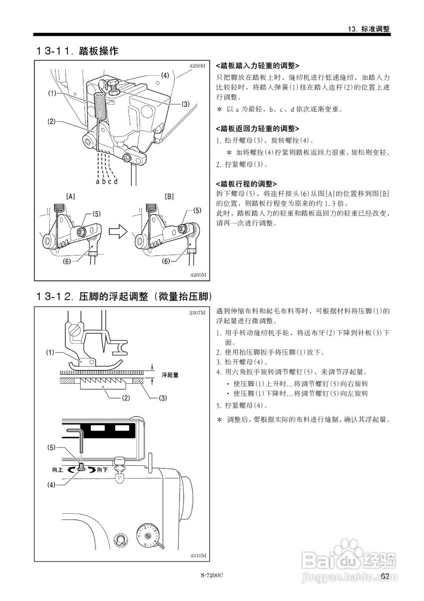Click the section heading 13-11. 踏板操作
(77, 51)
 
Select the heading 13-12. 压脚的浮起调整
(124, 297)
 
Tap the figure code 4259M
(197, 66)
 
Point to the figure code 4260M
(197, 275)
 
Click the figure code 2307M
(197, 312)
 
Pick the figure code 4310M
(197, 555)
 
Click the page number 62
(386, 576)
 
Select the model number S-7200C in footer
(212, 576)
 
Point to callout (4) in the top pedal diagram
(165, 75)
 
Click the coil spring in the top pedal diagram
(99, 106)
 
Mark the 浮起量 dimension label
(170, 375)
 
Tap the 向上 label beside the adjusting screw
(58, 469)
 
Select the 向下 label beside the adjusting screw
(103, 469)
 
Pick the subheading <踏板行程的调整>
(246, 184)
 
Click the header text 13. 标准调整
(369, 29)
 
